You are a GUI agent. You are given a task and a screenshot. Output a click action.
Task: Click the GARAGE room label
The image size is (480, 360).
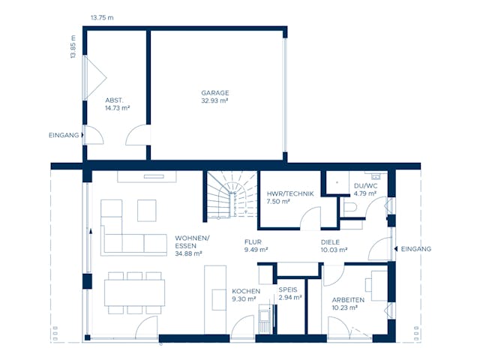(214, 93)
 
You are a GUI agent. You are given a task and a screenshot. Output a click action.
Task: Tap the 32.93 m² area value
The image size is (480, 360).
(214, 100)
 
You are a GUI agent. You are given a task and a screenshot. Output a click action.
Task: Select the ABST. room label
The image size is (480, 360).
(114, 100)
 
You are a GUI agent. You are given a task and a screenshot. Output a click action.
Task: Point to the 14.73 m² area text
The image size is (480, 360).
(117, 108)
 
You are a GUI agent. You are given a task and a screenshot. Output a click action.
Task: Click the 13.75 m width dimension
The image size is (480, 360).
(101, 16)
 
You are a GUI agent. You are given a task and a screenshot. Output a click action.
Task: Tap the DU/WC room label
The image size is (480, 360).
(365, 185)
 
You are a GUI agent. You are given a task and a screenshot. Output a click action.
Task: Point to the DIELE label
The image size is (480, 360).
(331, 242)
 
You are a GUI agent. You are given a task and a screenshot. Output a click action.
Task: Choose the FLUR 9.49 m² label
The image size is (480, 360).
(256, 246)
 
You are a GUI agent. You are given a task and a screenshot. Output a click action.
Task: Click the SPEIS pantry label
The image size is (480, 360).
(289, 289)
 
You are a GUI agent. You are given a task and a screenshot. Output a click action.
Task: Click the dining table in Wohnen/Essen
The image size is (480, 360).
(134, 292)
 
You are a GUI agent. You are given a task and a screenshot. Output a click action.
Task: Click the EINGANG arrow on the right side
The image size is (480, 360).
(395, 249)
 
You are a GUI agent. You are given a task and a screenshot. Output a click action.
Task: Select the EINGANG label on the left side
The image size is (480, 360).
(62, 135)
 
